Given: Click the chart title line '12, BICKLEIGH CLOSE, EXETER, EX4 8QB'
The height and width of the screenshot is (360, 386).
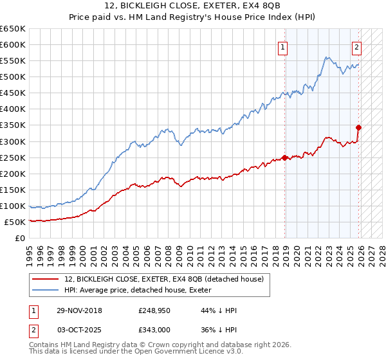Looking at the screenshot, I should [193, 6].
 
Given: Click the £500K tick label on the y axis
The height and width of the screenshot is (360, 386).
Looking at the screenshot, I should [12, 76].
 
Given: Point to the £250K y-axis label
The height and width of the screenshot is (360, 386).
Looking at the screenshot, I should [12, 157].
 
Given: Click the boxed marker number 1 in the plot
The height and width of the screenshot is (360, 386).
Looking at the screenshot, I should [283, 46].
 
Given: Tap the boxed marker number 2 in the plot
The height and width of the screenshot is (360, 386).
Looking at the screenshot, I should [356, 46].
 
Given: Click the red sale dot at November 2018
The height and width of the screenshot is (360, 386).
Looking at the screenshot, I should [284, 157].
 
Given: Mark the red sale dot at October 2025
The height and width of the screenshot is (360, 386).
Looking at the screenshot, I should [358, 127].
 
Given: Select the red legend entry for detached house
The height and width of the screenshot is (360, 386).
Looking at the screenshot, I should [164, 279].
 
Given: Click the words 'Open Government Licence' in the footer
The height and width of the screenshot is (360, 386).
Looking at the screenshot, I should [178, 352].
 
